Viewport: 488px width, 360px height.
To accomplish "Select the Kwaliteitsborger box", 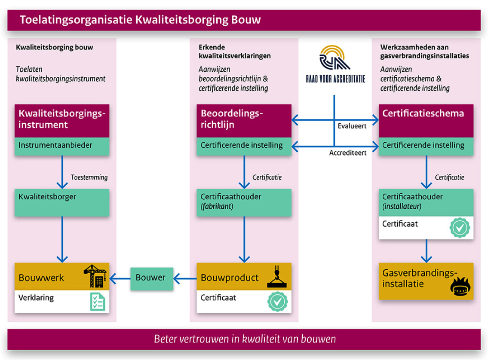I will pos(62,202).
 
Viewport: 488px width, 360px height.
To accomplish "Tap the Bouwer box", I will pos(151,278).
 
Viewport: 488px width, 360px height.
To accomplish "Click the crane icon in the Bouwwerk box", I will pos(95,276).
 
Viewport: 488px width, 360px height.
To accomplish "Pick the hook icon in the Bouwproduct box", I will pos(277,276).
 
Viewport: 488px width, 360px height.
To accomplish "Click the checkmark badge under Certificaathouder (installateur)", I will pos(459,227).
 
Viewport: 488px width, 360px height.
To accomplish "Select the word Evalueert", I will pos(352,127).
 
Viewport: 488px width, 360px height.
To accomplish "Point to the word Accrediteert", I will pos(348,153).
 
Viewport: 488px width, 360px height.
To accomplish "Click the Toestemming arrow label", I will pos(89,177).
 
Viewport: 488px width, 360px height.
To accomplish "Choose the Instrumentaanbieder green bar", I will pos(62,146).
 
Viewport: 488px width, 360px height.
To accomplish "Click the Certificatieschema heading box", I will pos(426,121).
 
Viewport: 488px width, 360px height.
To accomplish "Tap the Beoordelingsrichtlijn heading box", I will pos(244,121).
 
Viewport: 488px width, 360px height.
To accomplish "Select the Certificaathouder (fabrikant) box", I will pos(244,202).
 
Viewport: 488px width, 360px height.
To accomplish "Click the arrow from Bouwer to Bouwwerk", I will pos(120,278).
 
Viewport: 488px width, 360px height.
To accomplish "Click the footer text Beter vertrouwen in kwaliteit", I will pos(245,339).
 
